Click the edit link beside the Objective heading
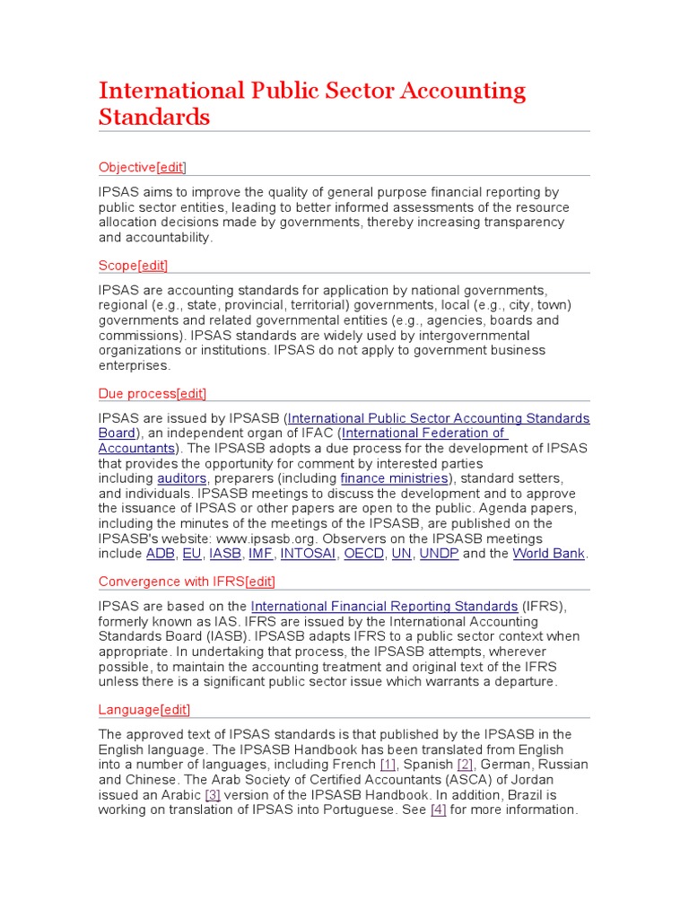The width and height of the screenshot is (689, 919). tap(171, 167)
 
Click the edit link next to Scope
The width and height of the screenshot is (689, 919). tap(153, 265)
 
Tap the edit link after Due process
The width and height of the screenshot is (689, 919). tap(192, 393)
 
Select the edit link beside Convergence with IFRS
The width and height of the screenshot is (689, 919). tap(260, 582)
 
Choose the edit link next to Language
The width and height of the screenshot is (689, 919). tap(176, 709)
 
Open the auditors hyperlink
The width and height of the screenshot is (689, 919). tap(182, 478)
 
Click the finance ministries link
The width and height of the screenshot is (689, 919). tap(394, 478)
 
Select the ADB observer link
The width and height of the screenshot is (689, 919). tap(161, 554)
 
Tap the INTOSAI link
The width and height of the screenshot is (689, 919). tap(309, 554)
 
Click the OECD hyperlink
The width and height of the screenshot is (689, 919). tap(364, 554)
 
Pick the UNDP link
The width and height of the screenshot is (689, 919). tap(439, 554)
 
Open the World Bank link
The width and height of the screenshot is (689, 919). tap(548, 554)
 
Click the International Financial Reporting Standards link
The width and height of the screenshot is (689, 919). tap(384, 607)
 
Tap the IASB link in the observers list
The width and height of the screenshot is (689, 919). tap(225, 554)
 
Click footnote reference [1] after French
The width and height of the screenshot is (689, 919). tap(388, 765)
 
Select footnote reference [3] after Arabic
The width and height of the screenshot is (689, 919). tap(213, 795)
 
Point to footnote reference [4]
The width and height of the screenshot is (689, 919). tap(438, 810)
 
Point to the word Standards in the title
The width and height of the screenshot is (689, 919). tap(154, 117)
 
